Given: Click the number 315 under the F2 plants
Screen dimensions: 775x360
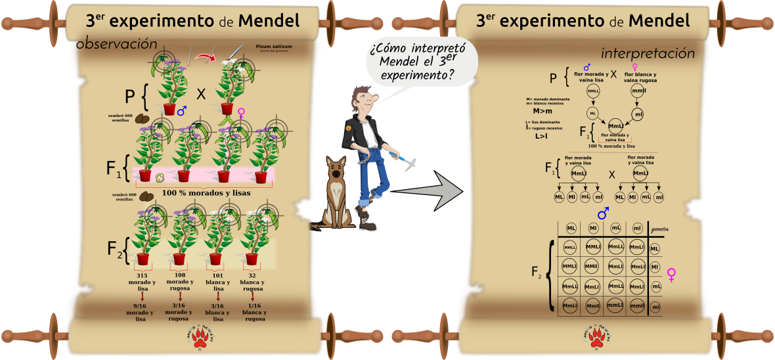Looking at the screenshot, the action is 141,275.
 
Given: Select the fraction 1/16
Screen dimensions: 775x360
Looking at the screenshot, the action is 254,305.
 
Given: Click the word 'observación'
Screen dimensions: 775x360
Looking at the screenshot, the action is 117,44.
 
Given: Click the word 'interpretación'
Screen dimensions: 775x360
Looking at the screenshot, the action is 648,53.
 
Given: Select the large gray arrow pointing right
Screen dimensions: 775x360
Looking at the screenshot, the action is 430,191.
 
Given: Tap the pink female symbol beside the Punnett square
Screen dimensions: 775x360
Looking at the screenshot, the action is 672,275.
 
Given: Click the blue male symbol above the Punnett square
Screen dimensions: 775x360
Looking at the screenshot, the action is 602,214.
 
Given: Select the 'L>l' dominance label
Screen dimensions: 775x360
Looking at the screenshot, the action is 541,136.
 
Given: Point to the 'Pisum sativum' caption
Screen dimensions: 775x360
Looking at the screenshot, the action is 274,47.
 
